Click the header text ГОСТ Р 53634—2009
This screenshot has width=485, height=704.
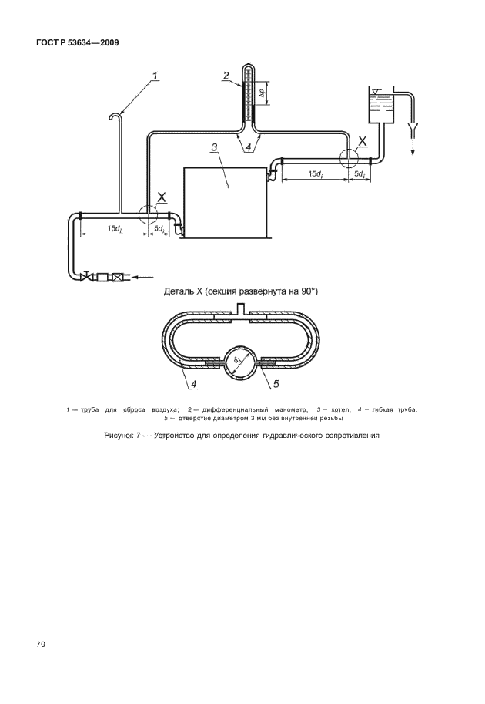tap(77, 43)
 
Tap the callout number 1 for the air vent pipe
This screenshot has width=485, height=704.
tap(154, 76)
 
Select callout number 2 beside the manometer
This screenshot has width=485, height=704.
tap(227, 76)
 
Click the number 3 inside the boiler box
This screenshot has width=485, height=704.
tap(214, 147)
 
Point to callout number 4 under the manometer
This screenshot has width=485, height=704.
tap(249, 147)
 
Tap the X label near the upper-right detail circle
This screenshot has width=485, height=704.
tap(362, 141)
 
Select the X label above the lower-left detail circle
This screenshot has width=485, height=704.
tap(162, 197)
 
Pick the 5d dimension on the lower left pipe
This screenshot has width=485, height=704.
tap(159, 228)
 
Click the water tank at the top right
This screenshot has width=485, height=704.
tap(380, 106)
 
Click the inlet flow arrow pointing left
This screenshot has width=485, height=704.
tap(144, 278)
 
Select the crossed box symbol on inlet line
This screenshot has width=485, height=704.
tap(118, 278)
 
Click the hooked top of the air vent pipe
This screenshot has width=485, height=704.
tap(115, 116)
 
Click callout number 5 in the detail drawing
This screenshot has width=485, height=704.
tap(276, 383)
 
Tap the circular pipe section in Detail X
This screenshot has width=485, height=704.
tap(239, 362)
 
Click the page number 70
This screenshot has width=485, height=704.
tap(40, 645)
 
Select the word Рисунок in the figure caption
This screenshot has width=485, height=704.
tap(119, 435)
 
